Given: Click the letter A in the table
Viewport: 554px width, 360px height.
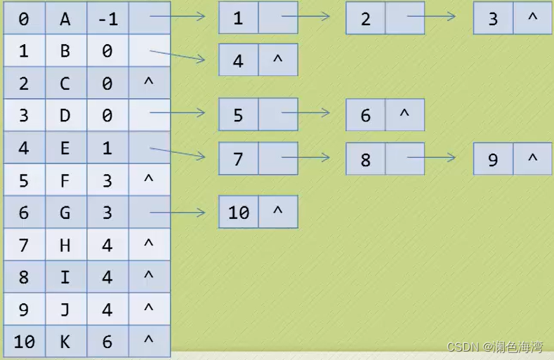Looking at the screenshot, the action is click(65, 19).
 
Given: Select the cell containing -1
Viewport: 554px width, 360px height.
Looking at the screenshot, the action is click(107, 19).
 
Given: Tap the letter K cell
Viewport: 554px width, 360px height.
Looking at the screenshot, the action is click(65, 341).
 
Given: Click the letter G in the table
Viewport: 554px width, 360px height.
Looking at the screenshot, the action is click(65, 212).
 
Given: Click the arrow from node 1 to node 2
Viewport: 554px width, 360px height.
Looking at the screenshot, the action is click(305, 16).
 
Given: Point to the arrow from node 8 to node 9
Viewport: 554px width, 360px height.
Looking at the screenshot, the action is click(432, 157).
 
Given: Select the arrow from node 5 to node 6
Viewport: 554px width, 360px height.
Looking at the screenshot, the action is click(305, 112).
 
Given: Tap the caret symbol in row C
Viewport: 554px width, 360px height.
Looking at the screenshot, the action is click(148, 83).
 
